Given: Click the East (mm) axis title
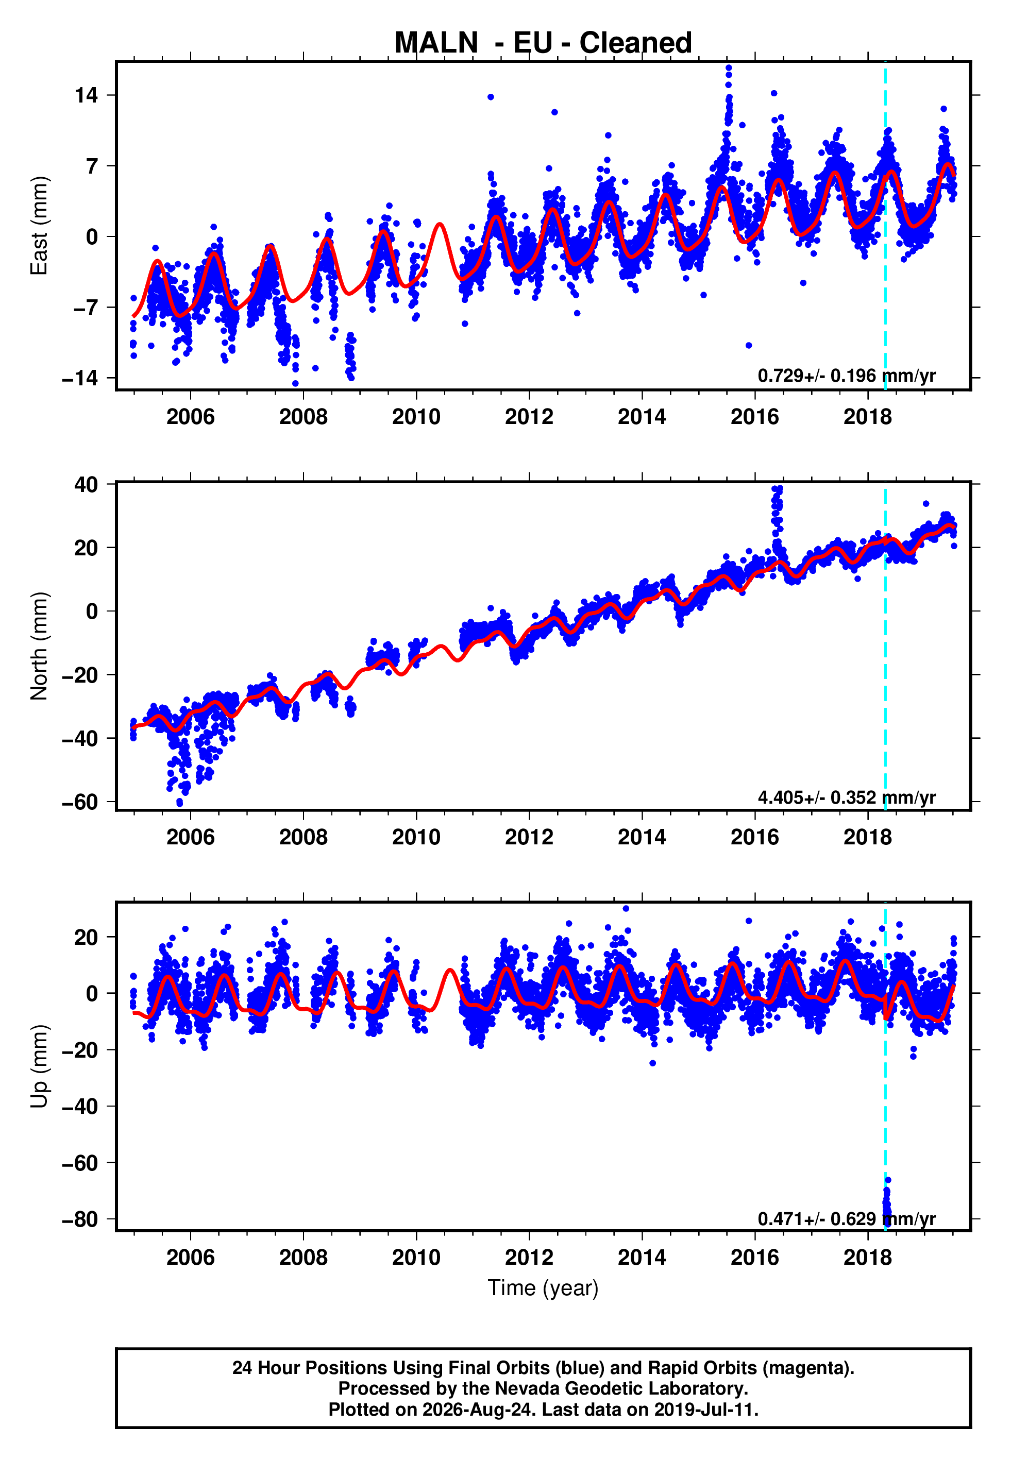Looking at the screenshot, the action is tap(39, 226).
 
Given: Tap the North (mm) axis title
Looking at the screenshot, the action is tap(39, 646).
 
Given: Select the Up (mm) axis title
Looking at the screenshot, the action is tap(39, 1066).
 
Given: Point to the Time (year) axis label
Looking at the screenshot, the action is tap(543, 1288).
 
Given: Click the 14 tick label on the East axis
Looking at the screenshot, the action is tap(86, 96).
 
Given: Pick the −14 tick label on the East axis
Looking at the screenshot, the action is tap(80, 379).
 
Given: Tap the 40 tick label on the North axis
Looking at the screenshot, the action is tap(86, 484).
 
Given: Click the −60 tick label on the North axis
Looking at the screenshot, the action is tap(80, 802).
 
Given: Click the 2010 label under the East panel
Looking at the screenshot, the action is tap(416, 417).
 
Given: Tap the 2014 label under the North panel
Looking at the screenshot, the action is tap(642, 837).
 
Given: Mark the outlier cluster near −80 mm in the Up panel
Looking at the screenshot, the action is tap(887, 1203).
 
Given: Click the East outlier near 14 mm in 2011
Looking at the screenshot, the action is tap(491, 97).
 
